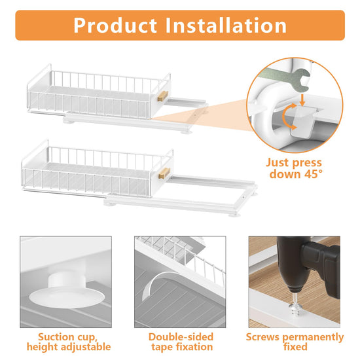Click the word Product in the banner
115,26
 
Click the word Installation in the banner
226,26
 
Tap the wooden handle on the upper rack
163,96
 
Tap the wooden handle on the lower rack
164,173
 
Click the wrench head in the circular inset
302,80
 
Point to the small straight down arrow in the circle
302,100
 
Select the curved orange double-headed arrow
289,117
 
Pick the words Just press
294,163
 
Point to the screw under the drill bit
295,304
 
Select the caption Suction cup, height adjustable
69,342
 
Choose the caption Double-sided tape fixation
181,342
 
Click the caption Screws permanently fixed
295,342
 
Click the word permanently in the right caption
313,338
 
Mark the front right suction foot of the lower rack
234,215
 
